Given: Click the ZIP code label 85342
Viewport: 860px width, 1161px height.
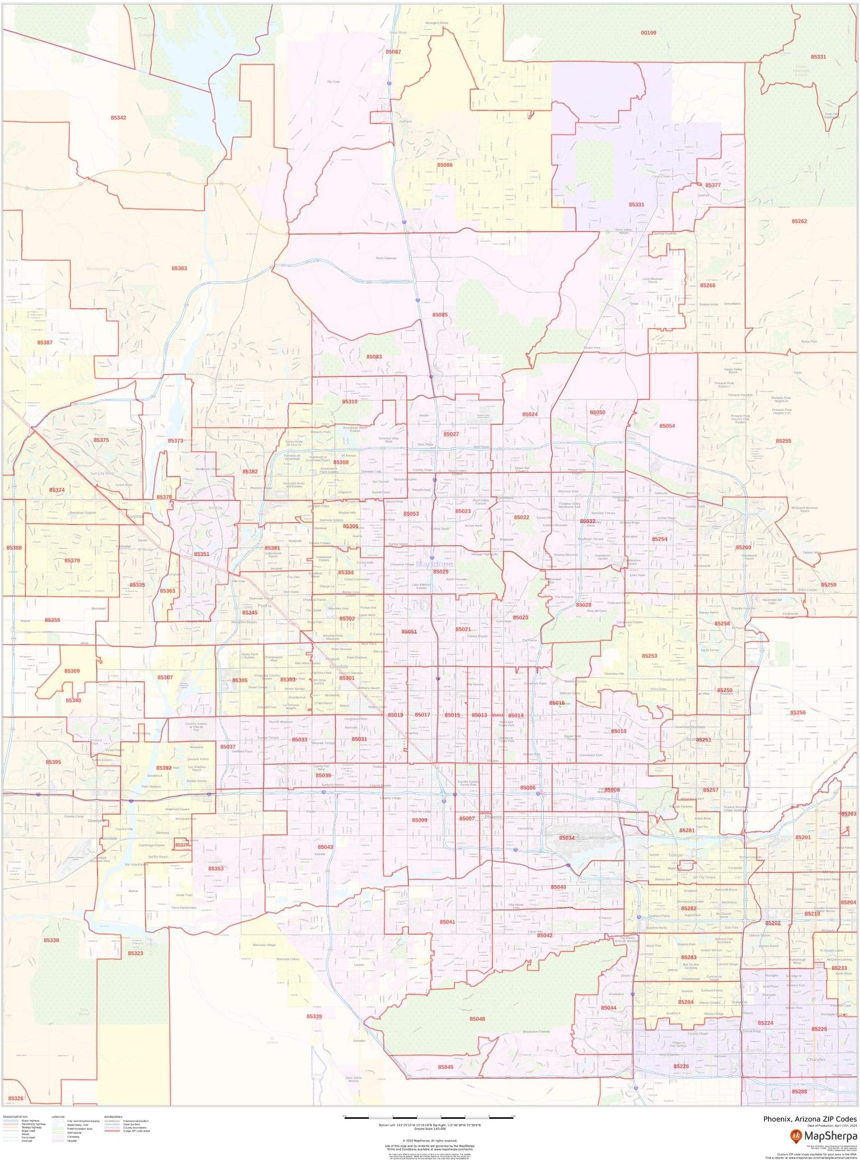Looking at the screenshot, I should pos(118,118).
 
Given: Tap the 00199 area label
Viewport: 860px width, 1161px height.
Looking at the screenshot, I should pos(648,32).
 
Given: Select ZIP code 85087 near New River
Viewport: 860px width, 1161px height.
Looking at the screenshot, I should pos(393,52).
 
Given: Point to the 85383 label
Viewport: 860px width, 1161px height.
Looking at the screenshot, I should pos(179,268).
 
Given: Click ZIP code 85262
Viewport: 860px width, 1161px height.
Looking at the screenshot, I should pos(799,221).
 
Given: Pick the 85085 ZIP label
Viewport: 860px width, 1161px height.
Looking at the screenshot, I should pos(439,314).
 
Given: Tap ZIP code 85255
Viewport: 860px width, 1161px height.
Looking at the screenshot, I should pos(783,440).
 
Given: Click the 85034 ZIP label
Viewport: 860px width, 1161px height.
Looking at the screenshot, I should pos(567,837).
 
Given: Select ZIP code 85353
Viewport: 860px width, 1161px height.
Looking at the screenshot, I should pos(216,868).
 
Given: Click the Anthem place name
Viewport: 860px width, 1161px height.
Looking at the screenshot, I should pos(405,121).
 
